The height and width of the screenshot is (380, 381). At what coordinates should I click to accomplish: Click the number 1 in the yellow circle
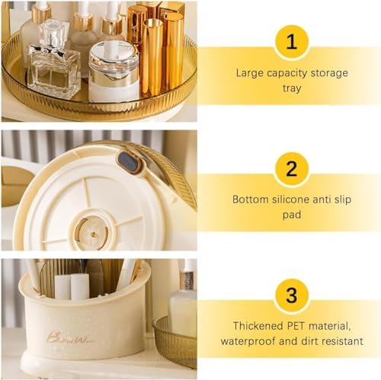tap(292, 42)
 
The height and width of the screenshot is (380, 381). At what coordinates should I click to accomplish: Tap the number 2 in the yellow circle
tap(292, 168)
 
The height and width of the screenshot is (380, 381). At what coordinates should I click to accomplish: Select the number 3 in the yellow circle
tap(292, 295)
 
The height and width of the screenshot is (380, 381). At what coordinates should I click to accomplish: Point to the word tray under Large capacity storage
tap(292, 88)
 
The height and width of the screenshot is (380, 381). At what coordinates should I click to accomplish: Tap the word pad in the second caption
tap(292, 215)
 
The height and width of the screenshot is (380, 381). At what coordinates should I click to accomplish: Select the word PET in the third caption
tap(296, 326)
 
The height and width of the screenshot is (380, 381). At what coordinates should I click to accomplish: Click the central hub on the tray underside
tap(92, 232)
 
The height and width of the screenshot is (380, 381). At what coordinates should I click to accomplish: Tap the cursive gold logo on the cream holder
tap(69, 337)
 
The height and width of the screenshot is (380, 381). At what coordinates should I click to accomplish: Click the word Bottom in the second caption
tap(250, 200)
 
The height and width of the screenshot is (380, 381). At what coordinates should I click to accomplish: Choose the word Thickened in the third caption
tap(258, 326)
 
